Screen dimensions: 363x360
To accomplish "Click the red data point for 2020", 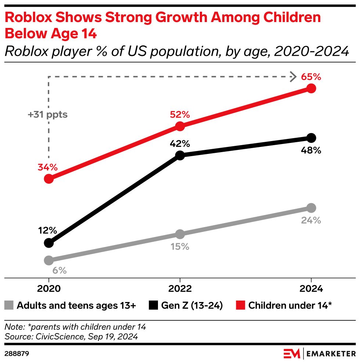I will (48, 179).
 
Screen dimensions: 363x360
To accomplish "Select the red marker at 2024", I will (311, 89).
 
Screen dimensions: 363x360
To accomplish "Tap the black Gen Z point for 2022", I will (180, 155).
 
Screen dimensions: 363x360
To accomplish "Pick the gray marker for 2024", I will (311, 208).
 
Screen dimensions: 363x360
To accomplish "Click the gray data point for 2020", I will (48, 260).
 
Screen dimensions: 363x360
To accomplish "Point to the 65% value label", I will (311, 77).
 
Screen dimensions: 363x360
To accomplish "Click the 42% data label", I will (180, 143).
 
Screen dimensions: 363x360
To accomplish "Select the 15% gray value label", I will (180, 247).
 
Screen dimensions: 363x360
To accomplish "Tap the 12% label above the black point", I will (47, 231).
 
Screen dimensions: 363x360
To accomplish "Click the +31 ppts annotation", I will (48, 115).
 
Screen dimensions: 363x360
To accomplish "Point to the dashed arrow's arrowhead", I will (293, 77).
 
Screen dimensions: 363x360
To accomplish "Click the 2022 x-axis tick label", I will (180, 289).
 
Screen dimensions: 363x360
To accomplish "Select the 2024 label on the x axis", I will (311, 289).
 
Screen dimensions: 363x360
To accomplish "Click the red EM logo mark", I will (292, 354).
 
